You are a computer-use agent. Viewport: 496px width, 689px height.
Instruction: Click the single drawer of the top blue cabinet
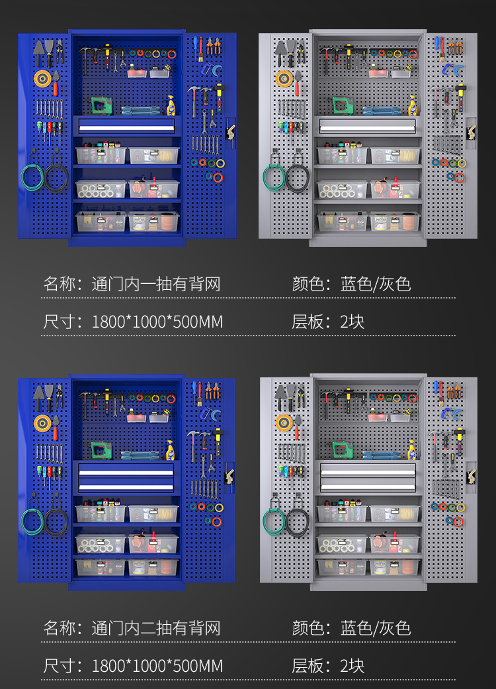click(x=127, y=124)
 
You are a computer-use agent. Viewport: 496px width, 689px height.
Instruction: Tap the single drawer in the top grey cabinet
click(x=368, y=124)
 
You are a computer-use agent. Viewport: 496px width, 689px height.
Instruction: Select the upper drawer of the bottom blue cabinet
click(x=126, y=470)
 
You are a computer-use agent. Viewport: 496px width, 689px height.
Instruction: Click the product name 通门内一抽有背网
click(x=155, y=285)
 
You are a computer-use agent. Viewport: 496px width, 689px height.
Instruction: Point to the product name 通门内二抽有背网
click(x=155, y=628)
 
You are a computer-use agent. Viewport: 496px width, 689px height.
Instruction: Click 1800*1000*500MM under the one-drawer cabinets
click(x=157, y=322)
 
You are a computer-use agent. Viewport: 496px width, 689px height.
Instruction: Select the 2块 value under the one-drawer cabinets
click(x=352, y=322)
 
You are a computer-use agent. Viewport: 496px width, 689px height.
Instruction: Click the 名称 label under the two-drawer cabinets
click(x=60, y=628)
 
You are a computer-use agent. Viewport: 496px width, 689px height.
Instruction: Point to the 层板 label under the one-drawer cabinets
click(x=308, y=322)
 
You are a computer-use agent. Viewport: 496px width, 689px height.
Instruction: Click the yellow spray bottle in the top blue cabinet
click(x=171, y=105)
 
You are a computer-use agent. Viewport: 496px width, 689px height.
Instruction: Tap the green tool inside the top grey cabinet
click(x=342, y=105)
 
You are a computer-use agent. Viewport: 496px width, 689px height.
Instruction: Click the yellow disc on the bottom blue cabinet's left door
click(x=43, y=422)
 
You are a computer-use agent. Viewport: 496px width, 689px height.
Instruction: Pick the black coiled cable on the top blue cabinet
click(x=56, y=177)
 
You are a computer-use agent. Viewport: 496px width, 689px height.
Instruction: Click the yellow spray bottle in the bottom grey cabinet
click(x=412, y=449)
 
